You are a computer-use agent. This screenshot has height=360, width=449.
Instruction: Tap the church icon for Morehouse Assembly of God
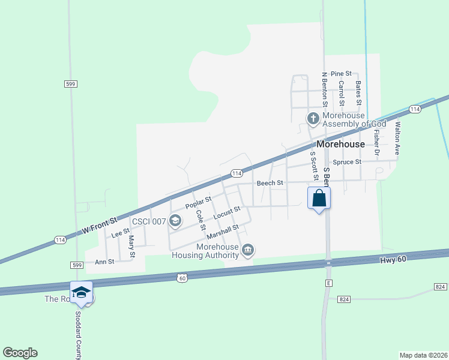pyautogui.click(x=313, y=119)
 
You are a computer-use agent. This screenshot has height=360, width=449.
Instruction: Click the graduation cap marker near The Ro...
pyautogui.click(x=81, y=292)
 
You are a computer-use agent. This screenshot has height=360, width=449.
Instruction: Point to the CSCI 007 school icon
pyautogui.click(x=175, y=221)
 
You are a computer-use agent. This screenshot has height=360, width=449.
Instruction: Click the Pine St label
pyautogui.click(x=341, y=73)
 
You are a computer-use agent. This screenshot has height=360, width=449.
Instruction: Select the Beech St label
pyautogui.click(x=270, y=183)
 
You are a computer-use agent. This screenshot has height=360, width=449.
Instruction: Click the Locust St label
pyautogui.click(x=227, y=212)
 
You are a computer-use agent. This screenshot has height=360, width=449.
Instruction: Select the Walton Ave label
pyautogui.click(x=397, y=139)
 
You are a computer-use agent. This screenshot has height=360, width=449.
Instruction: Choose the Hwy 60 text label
pyautogui.click(x=394, y=260)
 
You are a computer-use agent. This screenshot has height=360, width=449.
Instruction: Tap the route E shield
pyautogui.click(x=328, y=281)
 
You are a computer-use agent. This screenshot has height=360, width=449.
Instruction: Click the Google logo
pyautogui.click(x=20, y=353)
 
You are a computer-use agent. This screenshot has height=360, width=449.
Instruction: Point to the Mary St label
pyautogui.click(x=131, y=244)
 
